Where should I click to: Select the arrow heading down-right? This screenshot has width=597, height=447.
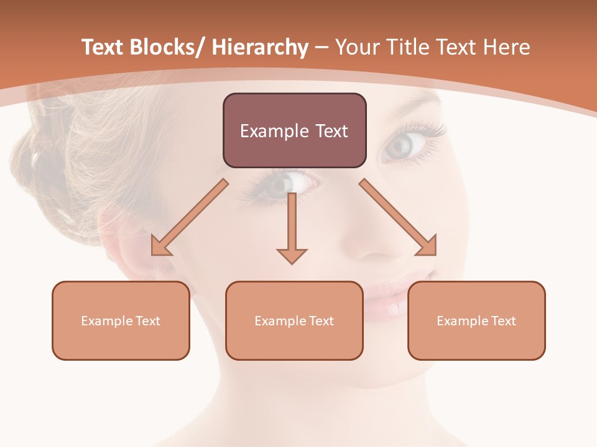tap(398, 217)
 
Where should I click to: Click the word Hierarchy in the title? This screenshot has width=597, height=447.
tap(260, 48)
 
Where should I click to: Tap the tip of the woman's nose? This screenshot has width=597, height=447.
tap(373, 251)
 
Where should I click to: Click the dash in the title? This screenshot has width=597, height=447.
tap(322, 48)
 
